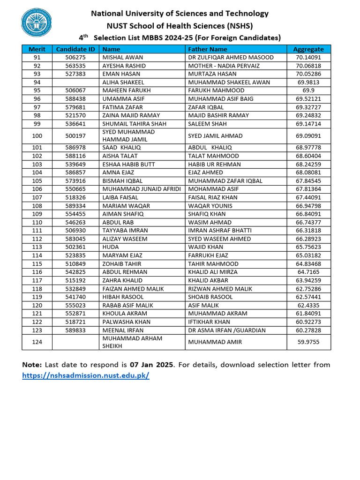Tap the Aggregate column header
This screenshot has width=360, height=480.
[x=308, y=49]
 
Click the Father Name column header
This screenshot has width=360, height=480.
[x=207, y=49]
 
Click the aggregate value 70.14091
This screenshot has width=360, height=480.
[x=308, y=58]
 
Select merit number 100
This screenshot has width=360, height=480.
[x=37, y=136]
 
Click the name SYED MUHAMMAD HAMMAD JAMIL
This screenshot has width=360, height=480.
[x=128, y=136]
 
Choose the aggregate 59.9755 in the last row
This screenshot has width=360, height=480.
[x=308, y=342]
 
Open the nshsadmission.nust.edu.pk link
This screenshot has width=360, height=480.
[x=86, y=376]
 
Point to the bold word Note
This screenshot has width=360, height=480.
[x=32, y=365]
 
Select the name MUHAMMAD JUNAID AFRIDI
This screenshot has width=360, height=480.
[x=142, y=189]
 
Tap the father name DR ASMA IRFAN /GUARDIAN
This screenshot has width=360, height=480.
[x=227, y=330]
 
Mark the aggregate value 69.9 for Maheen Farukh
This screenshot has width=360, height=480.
[x=308, y=90]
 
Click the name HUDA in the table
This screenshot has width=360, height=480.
[x=111, y=247]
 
